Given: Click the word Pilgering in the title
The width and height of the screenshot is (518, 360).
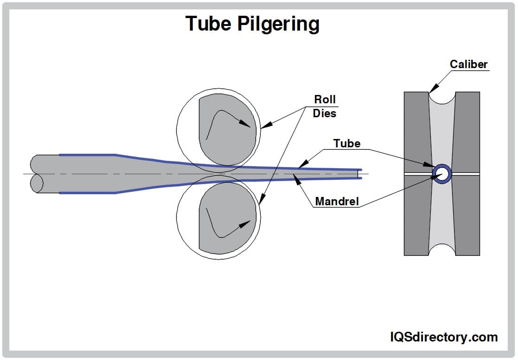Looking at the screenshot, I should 278,24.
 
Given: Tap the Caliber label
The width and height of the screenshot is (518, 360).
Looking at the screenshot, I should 468,64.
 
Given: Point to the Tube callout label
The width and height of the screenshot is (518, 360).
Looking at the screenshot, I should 347,144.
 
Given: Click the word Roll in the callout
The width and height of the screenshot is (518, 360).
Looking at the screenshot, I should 325,99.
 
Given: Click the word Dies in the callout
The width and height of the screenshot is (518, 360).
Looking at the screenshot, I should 325,113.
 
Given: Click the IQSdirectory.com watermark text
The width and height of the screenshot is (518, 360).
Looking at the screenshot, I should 444,337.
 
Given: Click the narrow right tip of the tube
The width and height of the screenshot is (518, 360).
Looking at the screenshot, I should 360,174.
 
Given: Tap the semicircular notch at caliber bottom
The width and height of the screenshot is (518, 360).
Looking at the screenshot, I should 442,250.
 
